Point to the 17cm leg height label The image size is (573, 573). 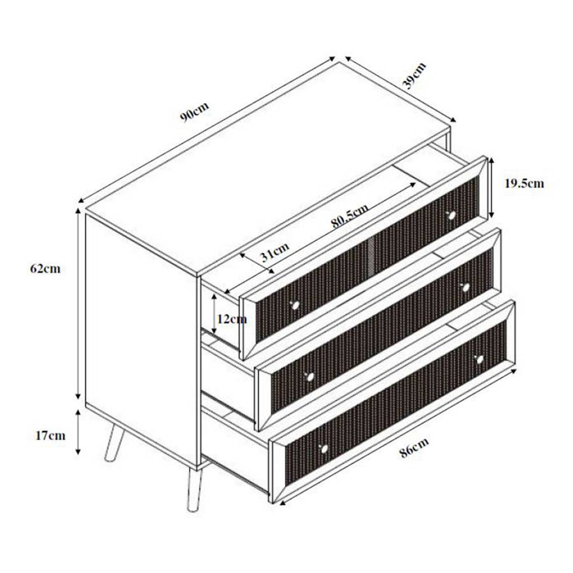[x=50, y=435]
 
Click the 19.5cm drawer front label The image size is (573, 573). [x=524, y=183]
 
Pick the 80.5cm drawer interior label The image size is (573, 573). [x=350, y=216]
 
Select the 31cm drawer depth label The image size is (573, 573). [x=274, y=254]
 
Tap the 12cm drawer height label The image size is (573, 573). [x=231, y=318]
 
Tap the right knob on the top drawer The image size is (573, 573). [x=452, y=215]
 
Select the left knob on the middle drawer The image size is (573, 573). [x=310, y=377]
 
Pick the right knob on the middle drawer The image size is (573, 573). [x=466, y=287]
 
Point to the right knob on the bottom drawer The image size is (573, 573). [x=479, y=360]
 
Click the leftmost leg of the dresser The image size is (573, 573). [x=112, y=442]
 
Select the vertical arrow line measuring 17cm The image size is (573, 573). [x=78, y=433]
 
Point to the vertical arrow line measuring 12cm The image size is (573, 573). [x=215, y=313]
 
